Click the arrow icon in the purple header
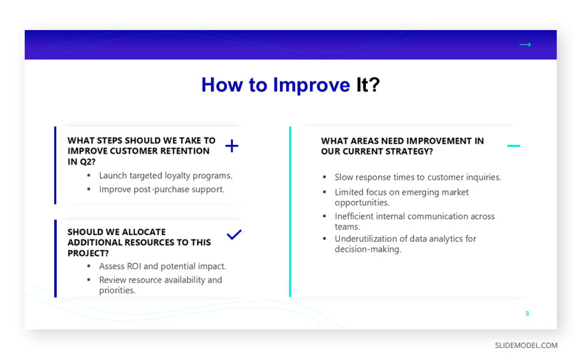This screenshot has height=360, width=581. click(x=525, y=45)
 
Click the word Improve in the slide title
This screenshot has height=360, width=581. click(x=311, y=85)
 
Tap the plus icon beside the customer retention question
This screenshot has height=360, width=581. click(x=232, y=146)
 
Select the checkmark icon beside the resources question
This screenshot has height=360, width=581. click(x=234, y=234)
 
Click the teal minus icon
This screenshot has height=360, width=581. click(x=514, y=146)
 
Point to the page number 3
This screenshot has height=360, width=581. click(x=528, y=314)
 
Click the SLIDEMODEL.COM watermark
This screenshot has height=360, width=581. click(x=526, y=345)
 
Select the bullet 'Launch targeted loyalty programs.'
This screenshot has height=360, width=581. click(x=166, y=176)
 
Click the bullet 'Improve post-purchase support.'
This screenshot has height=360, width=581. click(x=162, y=190)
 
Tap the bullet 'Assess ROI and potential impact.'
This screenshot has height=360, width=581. click(x=162, y=266)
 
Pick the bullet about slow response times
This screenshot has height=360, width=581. click(x=418, y=177)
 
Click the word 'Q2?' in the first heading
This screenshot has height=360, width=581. click(x=86, y=162)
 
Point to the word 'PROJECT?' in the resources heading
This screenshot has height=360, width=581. click(x=88, y=253)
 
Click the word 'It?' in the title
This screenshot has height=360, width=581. click(x=368, y=85)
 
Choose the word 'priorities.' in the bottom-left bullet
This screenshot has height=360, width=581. click(x=117, y=291)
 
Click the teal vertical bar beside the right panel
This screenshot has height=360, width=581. click(x=290, y=212)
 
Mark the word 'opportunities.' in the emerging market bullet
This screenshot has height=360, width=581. click(x=362, y=203)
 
